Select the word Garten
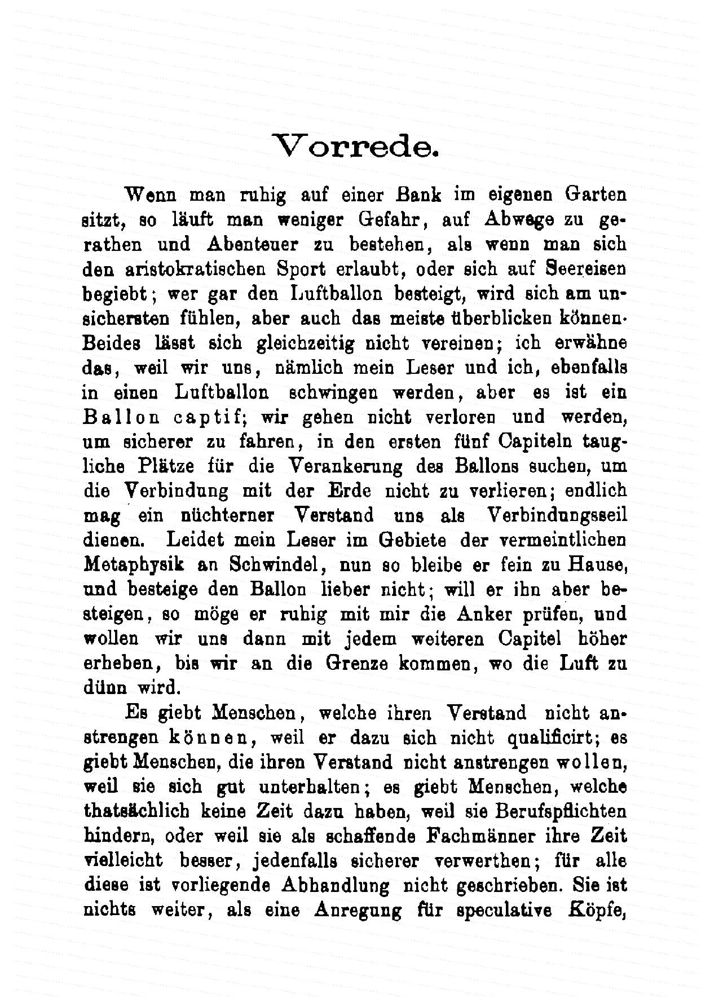(596, 195)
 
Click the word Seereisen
(586, 269)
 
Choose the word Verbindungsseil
(557, 515)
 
